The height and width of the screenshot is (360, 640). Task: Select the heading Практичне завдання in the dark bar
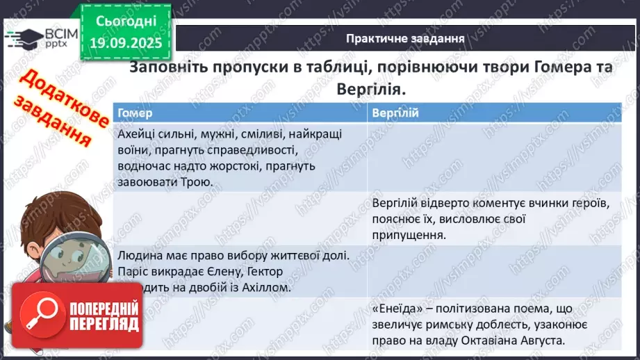(405, 38)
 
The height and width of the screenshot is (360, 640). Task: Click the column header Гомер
(136, 113)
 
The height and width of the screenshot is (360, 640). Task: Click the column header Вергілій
(395, 113)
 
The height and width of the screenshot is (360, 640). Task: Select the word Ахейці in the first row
(137, 134)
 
